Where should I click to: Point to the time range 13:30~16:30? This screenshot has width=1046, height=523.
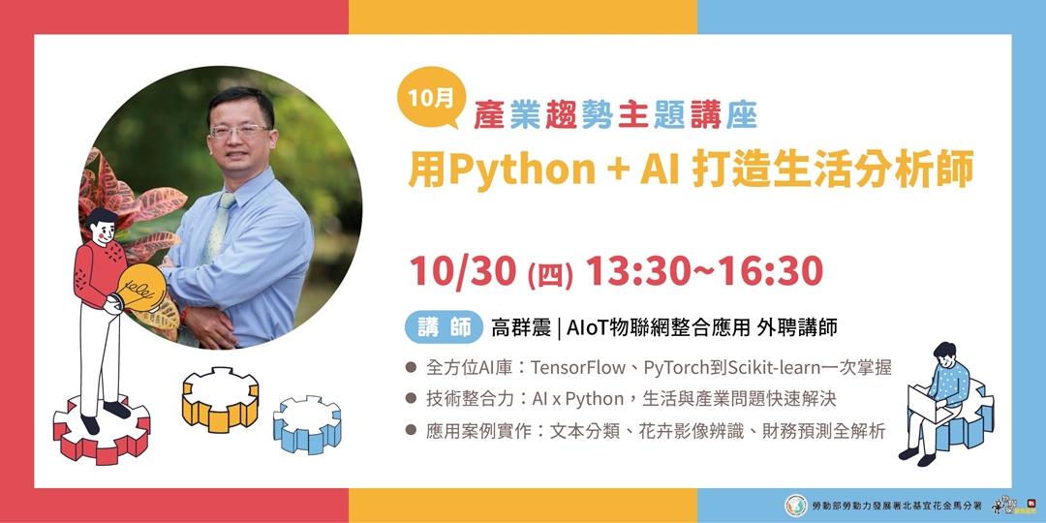(704, 271)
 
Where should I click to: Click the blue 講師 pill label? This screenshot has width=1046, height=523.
(444, 327)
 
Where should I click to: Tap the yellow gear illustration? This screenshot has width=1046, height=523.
(220, 399)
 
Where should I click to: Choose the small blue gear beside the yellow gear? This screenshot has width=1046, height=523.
(307, 425)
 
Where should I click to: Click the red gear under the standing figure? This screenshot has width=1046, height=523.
(102, 430)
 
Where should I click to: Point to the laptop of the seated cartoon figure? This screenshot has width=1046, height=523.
(928, 404)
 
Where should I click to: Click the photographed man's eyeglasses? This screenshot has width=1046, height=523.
(238, 130)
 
